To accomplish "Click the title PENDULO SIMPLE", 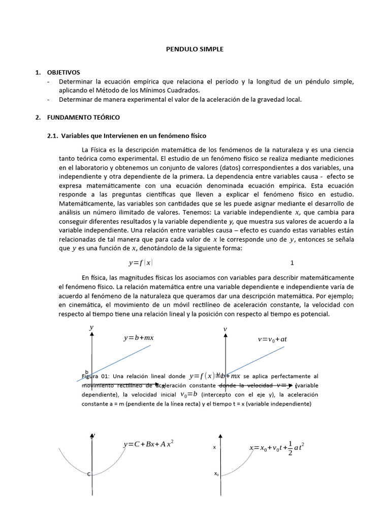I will coord(195,49).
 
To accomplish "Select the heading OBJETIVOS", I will coord(63,73).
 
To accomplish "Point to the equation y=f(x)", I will coord(141,263).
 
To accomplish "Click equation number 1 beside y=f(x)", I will coord(292,263).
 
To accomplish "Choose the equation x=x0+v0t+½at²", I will coord(277,449).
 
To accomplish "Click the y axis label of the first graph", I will coord(91,328).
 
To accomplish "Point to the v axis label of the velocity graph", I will coord(224,330).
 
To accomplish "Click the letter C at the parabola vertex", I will coord(89,474).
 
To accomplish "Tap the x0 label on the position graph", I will coord(216,474).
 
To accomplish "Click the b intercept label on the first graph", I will coord(87,372).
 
